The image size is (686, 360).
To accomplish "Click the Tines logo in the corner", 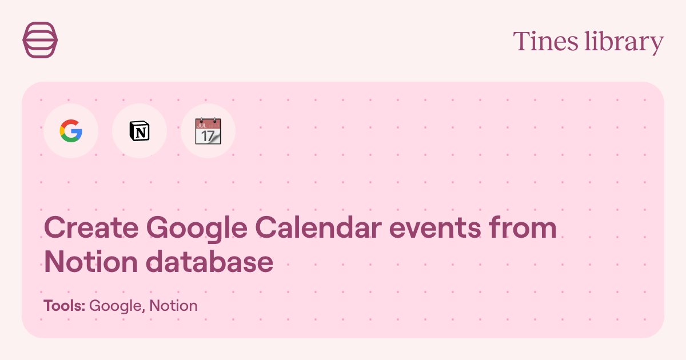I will [x=40, y=40].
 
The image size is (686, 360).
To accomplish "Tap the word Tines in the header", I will [x=545, y=42].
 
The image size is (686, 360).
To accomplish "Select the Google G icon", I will [x=71, y=131].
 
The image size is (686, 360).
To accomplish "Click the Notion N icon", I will [x=139, y=131].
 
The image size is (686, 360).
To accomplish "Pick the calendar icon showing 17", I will [x=208, y=131].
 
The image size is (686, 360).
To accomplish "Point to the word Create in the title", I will [x=91, y=228].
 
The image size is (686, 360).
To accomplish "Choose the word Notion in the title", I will [x=91, y=262].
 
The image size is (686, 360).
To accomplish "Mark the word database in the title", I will [x=209, y=262].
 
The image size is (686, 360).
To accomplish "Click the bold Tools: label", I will [x=64, y=306].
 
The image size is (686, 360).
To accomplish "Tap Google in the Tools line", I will [x=116, y=306].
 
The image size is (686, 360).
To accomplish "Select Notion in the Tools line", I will [x=174, y=306].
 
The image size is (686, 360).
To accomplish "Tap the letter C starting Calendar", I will [x=266, y=228].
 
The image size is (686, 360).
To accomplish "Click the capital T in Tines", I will [x=521, y=42].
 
